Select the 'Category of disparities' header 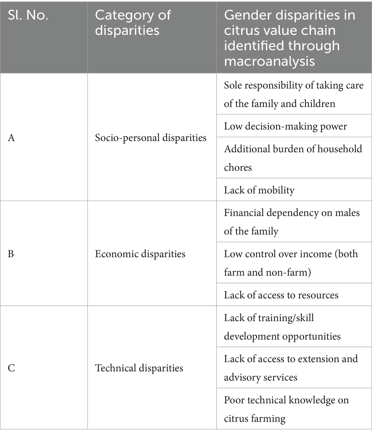coord(133,22)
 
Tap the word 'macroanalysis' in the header coord(269,61)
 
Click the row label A coord(11,138)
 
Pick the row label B coord(11,254)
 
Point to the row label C coord(11,368)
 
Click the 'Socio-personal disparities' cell coord(151,138)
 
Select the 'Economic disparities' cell coord(140,254)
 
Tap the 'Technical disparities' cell coord(139,368)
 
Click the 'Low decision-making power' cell coord(285,126)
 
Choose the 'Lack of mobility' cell coord(259,190)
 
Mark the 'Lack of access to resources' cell coord(281,295)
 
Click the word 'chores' coord(238,167)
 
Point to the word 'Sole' coord(232,85)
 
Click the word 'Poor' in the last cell coord(233,400)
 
